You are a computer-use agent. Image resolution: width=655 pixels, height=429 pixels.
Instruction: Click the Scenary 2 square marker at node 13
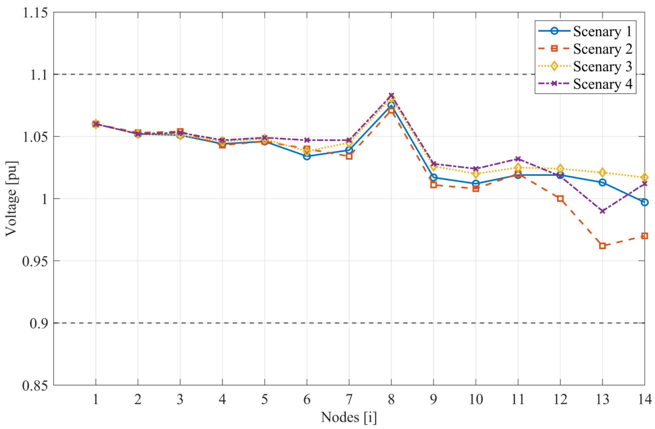click(602, 246)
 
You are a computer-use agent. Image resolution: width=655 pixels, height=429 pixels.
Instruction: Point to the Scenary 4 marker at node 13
click(602, 211)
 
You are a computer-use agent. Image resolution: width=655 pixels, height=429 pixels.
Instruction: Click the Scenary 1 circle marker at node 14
click(644, 202)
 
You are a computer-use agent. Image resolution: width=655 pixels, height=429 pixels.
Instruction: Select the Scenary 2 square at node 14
click(644, 236)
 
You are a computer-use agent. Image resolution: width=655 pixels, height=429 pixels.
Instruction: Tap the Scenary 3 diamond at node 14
click(644, 177)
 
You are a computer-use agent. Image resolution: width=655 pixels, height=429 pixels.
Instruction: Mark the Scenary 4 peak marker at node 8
click(391, 96)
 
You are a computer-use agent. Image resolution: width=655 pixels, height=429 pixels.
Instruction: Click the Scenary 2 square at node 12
click(560, 199)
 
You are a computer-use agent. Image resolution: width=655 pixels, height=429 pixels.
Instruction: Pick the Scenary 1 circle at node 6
click(307, 156)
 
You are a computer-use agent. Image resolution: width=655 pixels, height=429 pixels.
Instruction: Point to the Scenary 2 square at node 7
click(349, 156)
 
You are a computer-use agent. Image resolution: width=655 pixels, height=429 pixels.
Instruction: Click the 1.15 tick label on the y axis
click(35, 13)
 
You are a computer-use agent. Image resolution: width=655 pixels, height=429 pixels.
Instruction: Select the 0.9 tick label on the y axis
click(39, 323)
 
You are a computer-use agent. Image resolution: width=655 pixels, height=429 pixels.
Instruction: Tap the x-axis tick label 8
click(391, 399)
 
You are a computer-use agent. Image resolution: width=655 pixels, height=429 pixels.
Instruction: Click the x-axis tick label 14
click(644, 399)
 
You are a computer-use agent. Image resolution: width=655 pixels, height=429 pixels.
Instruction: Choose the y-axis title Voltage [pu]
click(12, 199)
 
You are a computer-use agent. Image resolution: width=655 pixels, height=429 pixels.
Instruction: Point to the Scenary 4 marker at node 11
click(518, 159)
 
